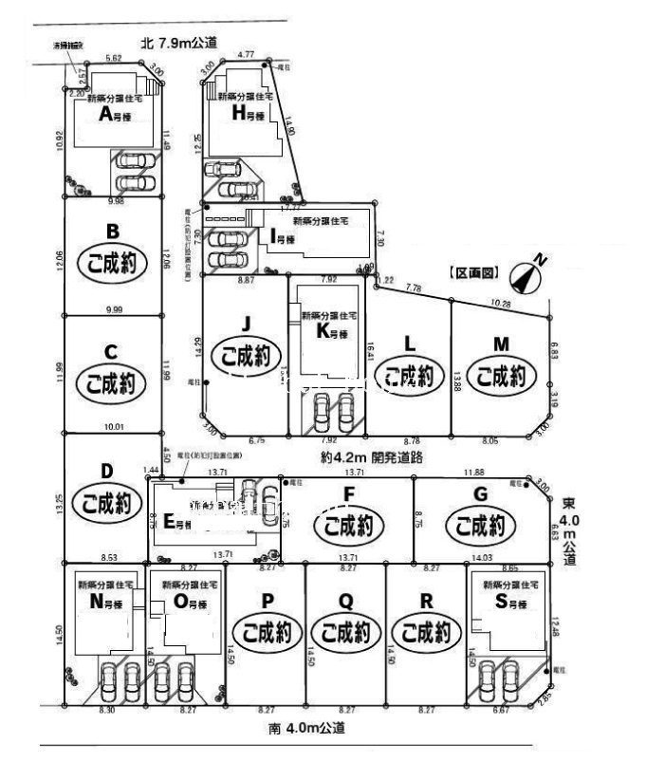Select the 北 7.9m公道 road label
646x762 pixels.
[x=178, y=43]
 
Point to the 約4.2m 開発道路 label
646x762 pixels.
[x=371, y=456]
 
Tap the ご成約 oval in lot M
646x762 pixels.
[x=501, y=377]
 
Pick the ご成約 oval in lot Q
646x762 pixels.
[x=346, y=631]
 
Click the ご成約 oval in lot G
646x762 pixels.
[x=480, y=524]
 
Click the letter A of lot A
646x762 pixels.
[x=106, y=115]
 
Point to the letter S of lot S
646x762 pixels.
[x=500, y=604]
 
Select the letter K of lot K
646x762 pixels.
[x=323, y=332]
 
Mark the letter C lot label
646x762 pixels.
[x=111, y=351]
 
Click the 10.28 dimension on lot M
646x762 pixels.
[x=501, y=304]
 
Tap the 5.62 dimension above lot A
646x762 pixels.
[x=113, y=59]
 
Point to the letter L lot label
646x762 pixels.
[x=409, y=344]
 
